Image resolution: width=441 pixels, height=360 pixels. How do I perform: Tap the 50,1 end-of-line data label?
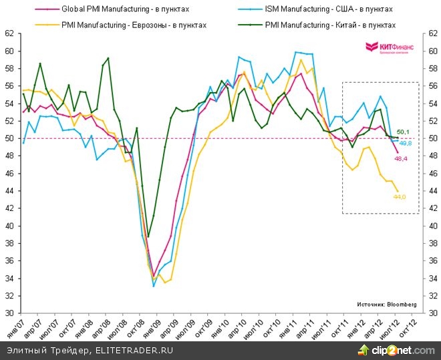(x=404, y=132)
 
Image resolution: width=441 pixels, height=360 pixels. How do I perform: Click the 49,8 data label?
(x=405, y=143)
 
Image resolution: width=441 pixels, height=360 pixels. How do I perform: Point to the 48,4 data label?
(x=401, y=158)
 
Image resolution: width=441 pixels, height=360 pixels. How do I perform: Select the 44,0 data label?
(x=400, y=197)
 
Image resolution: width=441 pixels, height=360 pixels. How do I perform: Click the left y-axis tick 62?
(x=9, y=33)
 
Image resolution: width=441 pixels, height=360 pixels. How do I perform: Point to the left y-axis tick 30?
(x=9, y=313)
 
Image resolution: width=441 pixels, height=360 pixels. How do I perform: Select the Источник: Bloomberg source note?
(x=386, y=304)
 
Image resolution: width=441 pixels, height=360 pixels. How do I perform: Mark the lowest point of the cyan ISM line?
(x=154, y=286)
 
